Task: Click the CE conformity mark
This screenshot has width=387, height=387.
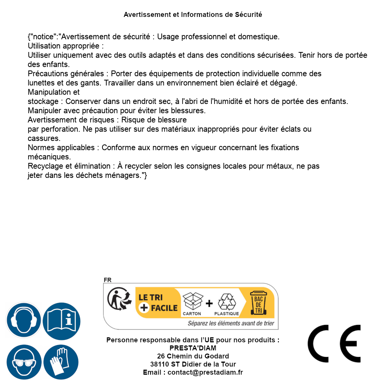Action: tap(334, 343)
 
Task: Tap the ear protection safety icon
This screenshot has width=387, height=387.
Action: tap(23, 320)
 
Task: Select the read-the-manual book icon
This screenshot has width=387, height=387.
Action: tap(61, 320)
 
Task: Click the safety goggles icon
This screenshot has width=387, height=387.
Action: tap(23, 362)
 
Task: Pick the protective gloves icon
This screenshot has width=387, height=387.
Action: tap(61, 362)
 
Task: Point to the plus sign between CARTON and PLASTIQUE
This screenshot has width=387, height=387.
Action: tap(209, 303)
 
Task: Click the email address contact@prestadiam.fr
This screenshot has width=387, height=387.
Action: tap(205, 372)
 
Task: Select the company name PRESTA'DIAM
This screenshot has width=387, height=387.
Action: tap(193, 348)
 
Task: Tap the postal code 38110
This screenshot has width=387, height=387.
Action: tap(159, 364)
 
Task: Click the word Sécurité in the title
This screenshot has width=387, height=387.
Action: tap(248, 15)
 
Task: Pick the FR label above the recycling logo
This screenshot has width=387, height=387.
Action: tap(107, 280)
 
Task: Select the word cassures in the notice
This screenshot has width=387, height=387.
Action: tap(44, 138)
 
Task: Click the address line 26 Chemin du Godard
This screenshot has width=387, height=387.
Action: tap(193, 356)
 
